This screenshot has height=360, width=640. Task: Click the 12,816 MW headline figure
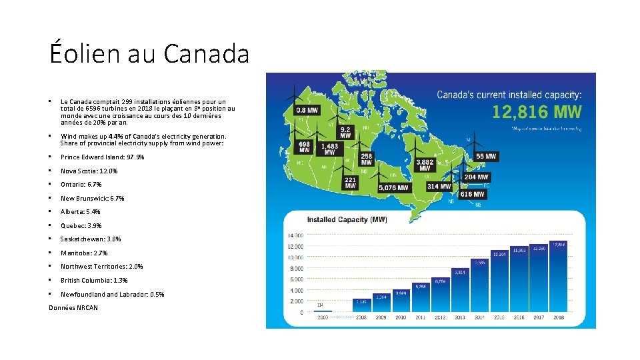pos(537,112)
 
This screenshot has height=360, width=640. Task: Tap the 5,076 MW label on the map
pos(393,188)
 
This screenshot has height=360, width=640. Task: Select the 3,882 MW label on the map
pos(425,165)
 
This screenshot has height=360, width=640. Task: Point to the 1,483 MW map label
pos(329,149)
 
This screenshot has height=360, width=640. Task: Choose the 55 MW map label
pos(487,157)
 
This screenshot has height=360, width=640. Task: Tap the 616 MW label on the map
pos(472,194)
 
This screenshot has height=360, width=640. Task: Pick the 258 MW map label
pos(367,159)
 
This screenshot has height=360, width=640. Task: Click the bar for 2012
pos(440,295)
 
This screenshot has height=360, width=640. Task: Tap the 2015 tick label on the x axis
pos(499,318)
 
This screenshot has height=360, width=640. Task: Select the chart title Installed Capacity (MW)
pos(347,219)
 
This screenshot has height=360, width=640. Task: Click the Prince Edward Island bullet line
pos(102,157)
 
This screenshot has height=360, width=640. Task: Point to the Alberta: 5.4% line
pos(80,212)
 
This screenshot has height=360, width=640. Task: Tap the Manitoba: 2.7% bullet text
pos(84,253)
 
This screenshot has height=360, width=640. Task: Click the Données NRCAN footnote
pos(73,307)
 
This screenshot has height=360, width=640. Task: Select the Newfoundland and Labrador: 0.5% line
pos(112,294)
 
